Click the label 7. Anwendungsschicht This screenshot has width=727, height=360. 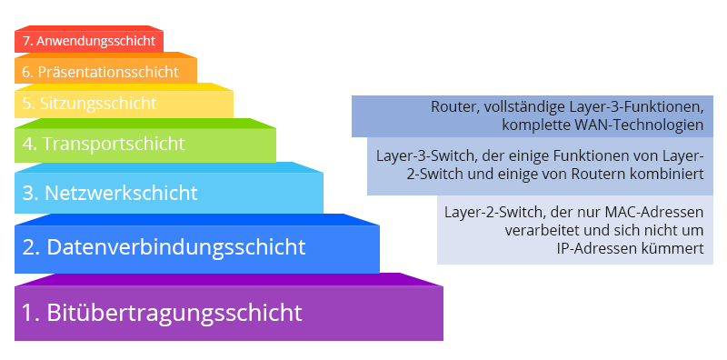click(x=89, y=40)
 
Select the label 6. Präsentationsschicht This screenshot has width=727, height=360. click(x=100, y=71)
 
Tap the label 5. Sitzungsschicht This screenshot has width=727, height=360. click(x=89, y=104)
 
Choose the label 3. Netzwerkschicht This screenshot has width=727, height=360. click(x=109, y=193)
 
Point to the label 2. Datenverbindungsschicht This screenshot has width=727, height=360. click(x=164, y=246)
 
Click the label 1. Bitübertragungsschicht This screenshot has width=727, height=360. click(x=162, y=314)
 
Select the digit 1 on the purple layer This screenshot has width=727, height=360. click(x=27, y=314)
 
